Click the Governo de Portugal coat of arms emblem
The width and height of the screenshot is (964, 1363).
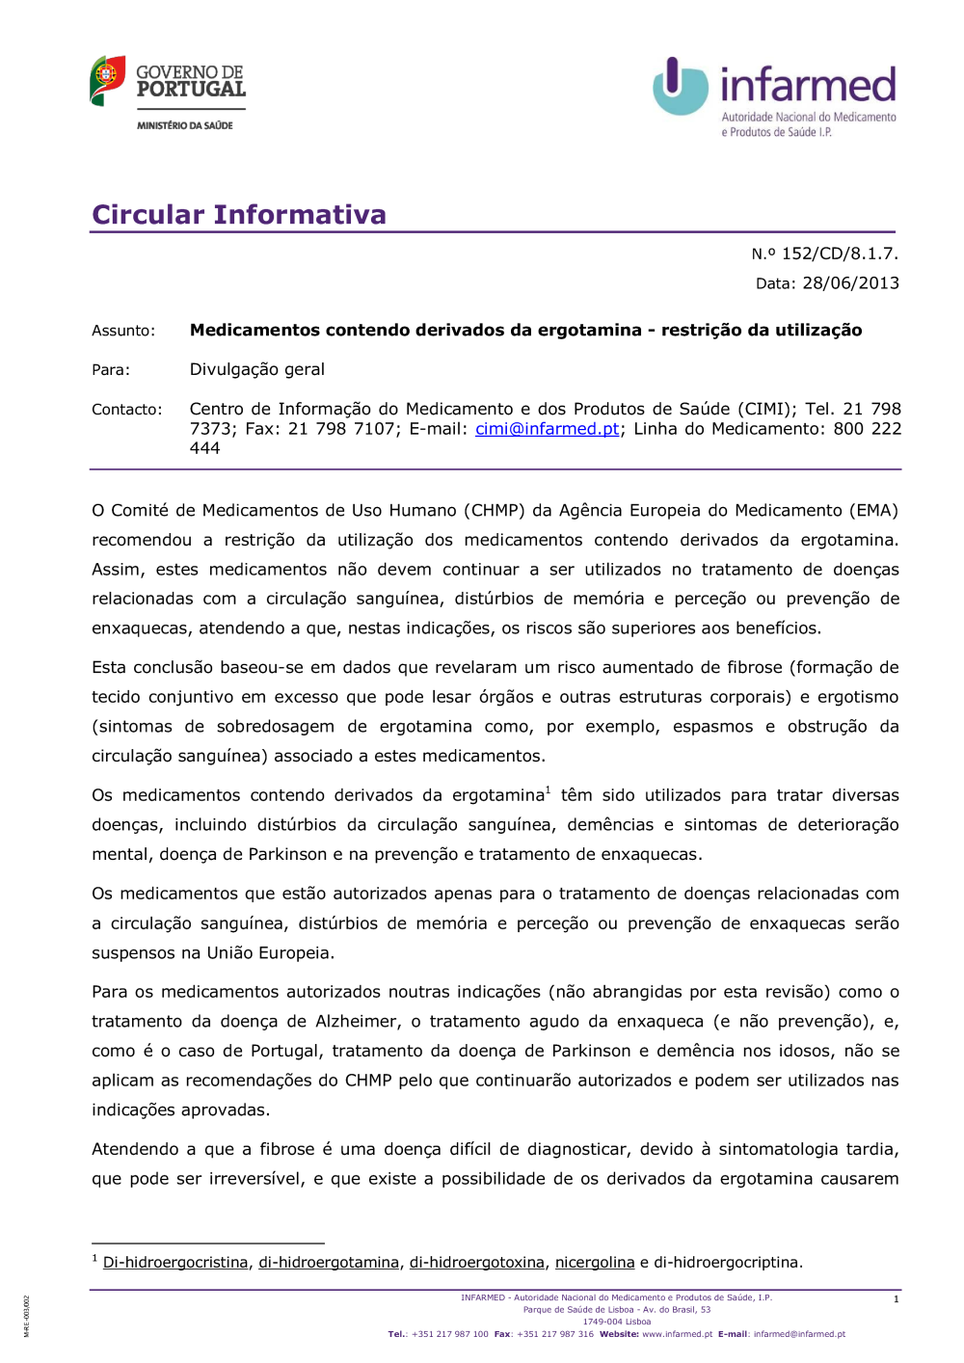[x=107, y=79]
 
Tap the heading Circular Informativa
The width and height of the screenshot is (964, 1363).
[x=238, y=214]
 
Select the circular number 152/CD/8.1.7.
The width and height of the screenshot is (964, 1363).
[x=839, y=254]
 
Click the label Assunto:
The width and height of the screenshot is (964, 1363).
[x=122, y=331]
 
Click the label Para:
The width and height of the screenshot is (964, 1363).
[x=111, y=370]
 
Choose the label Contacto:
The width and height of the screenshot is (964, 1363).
[x=126, y=410]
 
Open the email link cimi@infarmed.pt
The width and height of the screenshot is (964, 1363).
[x=547, y=429]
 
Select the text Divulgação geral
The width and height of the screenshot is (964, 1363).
[x=256, y=369]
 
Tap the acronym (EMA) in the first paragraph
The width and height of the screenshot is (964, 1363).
[x=873, y=511]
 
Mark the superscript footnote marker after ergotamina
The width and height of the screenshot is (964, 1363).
[x=549, y=790]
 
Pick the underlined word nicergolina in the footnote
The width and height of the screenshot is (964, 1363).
[x=594, y=1263]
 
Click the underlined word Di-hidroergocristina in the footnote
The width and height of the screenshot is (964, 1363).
[x=175, y=1263]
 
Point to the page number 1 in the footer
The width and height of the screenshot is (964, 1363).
[x=896, y=1299]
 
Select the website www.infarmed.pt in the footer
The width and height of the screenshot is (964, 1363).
[x=677, y=1335]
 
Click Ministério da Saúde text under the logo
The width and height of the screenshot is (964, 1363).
[x=184, y=125]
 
